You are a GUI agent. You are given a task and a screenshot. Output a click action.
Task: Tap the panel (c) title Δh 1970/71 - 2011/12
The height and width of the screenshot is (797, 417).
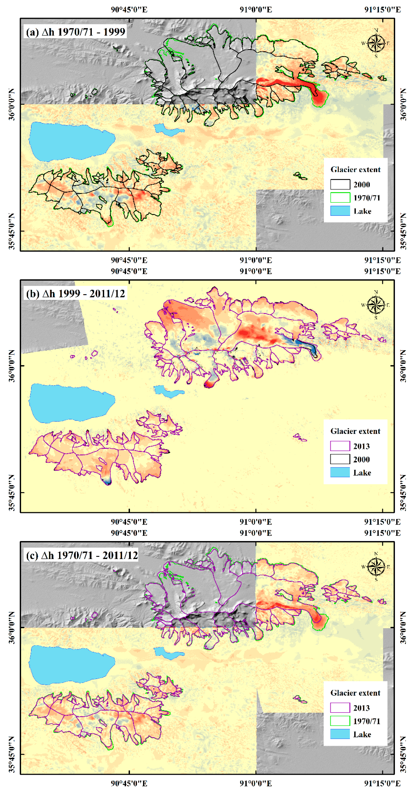(82, 555)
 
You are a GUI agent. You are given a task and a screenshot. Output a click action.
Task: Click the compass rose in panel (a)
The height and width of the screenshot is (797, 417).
(376, 43)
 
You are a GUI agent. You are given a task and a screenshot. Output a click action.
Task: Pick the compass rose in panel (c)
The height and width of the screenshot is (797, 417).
(376, 567)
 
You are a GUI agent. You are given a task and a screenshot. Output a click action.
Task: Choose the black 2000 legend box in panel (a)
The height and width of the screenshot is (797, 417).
(340, 184)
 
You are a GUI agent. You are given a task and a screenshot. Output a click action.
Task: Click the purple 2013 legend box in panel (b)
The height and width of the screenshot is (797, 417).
(340, 446)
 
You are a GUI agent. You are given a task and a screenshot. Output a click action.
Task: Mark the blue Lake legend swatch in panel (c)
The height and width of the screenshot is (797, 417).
(340, 734)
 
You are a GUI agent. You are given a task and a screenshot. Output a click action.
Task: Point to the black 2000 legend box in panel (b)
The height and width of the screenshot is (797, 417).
(340, 459)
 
